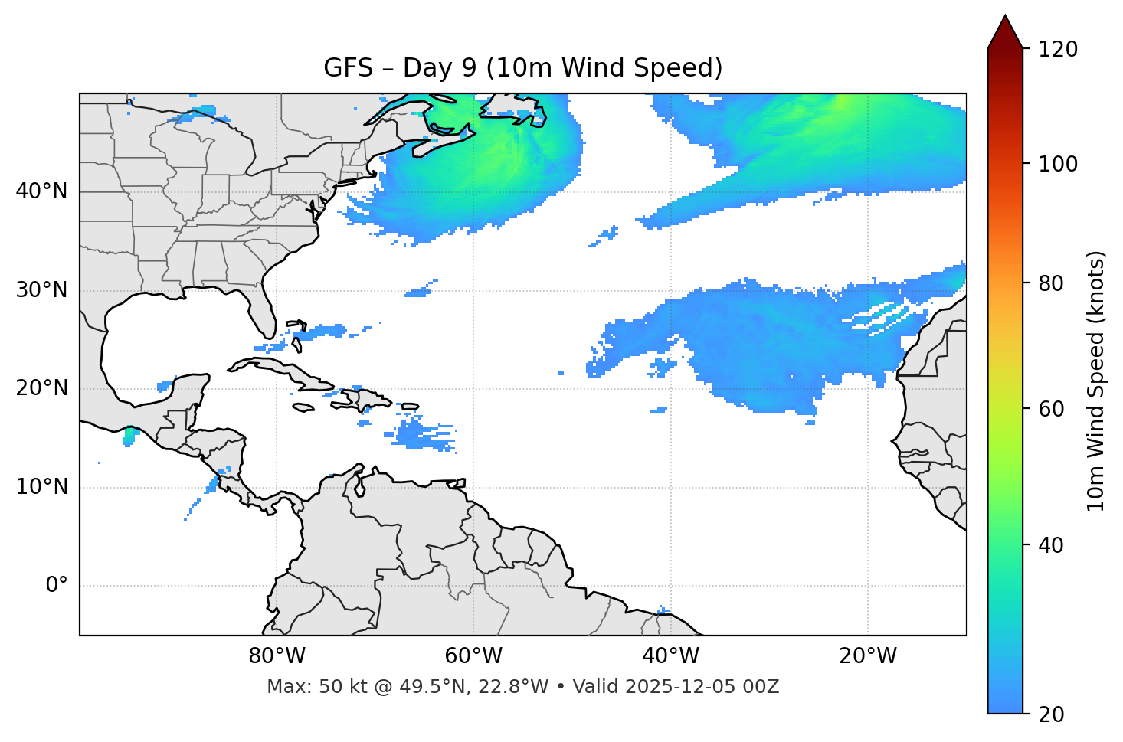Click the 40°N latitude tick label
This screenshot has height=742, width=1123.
click(41, 191)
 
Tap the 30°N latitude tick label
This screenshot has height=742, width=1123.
click(41, 290)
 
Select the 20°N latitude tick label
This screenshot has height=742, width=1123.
click(41, 388)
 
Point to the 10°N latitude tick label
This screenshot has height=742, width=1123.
click(41, 487)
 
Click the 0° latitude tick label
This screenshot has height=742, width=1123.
click(57, 586)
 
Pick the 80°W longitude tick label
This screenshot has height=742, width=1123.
click(277, 656)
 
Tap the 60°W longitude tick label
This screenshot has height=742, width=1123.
click(473, 656)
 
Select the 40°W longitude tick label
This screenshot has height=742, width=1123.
click(670, 656)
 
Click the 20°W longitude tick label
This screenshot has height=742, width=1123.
click(867, 656)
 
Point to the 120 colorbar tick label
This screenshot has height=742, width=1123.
click(1058, 49)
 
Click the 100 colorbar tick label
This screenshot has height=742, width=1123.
click(1058, 164)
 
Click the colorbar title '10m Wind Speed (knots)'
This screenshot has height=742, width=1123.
click(1096, 381)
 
